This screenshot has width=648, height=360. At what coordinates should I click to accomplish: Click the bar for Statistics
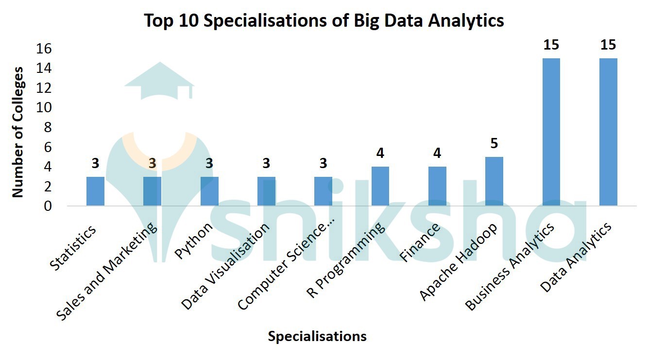[x=95, y=191]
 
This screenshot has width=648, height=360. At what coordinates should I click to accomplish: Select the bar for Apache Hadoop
[x=494, y=182]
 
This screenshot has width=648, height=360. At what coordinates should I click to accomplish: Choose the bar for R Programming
[x=380, y=187]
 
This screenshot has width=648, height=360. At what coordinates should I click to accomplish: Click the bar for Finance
[x=437, y=187]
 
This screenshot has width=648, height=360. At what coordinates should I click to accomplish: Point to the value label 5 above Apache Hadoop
[x=494, y=144]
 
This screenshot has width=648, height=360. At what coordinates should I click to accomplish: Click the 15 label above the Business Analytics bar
[x=551, y=45]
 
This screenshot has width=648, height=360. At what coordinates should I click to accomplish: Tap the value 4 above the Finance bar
[x=437, y=154]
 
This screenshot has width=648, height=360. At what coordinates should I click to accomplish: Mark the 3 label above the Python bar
[x=209, y=163]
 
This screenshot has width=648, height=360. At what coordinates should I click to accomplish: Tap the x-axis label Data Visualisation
[x=225, y=267]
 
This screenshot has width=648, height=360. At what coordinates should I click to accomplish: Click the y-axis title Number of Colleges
[x=18, y=132]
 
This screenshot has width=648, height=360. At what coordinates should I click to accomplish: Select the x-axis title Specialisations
[x=317, y=336]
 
